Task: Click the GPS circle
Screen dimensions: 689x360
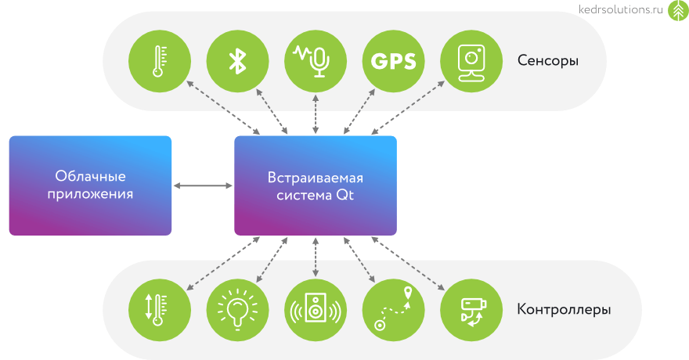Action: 393,60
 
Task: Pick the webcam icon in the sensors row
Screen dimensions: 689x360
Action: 471,60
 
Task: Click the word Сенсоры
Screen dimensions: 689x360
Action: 547,60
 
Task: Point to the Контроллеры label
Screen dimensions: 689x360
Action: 564,309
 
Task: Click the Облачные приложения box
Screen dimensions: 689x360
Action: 90,185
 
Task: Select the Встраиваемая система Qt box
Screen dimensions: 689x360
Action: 316,185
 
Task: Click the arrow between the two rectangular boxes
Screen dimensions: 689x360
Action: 203,185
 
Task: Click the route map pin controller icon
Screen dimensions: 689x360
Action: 393,309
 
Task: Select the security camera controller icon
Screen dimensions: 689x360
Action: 471,309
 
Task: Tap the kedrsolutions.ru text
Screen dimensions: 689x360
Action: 621,10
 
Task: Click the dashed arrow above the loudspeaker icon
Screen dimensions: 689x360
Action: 316,257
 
